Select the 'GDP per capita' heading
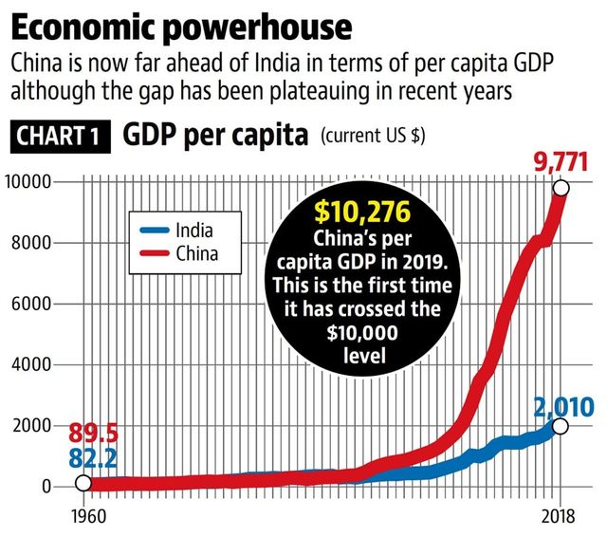(215, 135)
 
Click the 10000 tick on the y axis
(32, 181)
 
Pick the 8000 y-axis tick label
(36, 243)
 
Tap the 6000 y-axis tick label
(36, 305)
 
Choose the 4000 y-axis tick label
(36, 365)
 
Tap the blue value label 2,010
(562, 408)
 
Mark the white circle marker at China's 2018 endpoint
(561, 188)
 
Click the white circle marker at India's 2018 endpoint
(561, 426)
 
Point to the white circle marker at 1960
(83, 484)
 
